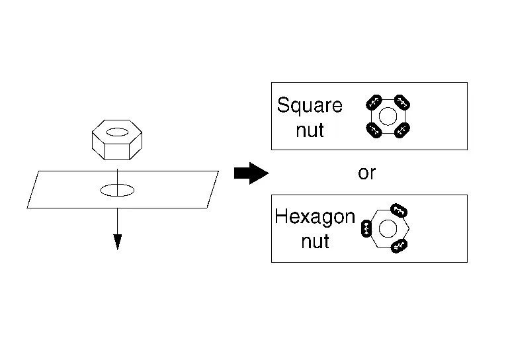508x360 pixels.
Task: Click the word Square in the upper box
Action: [310, 106]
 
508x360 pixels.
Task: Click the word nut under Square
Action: [310, 130]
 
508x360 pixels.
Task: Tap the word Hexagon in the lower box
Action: [314, 217]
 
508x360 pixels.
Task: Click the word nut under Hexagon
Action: [315, 241]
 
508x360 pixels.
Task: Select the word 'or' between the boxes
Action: [366, 173]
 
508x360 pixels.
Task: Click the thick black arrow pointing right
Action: [251, 173]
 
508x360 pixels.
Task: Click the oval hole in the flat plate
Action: [117, 191]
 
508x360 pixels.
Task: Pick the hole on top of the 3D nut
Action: [118, 132]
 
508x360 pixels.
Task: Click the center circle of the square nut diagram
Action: [388, 116]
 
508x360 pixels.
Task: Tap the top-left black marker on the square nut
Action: [374, 102]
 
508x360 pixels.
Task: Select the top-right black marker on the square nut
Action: [402, 102]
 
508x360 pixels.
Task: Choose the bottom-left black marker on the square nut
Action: [374, 130]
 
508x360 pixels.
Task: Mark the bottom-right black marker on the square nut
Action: [402, 130]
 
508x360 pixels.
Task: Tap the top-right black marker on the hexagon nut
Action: [399, 211]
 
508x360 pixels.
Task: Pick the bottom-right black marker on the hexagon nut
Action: [399, 246]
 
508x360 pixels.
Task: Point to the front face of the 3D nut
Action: [117, 152]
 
